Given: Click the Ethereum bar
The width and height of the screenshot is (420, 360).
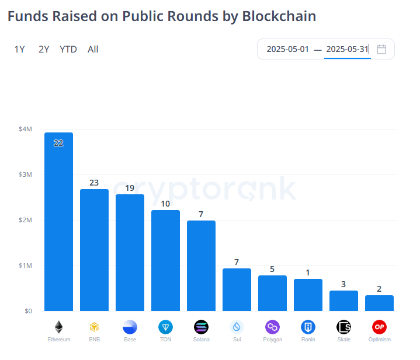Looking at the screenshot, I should (x=58, y=222).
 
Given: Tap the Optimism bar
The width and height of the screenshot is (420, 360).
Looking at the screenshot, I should (x=379, y=303).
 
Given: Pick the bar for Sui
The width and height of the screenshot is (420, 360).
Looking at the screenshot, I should (x=237, y=289).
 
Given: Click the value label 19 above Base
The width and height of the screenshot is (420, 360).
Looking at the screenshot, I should (x=130, y=188).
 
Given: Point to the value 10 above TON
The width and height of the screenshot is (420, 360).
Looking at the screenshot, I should (x=165, y=204).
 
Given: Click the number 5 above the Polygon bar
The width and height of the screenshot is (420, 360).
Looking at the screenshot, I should (x=272, y=269).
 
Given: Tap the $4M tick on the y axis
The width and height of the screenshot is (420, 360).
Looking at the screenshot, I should (x=25, y=129).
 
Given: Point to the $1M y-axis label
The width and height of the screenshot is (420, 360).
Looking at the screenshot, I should (x=25, y=265).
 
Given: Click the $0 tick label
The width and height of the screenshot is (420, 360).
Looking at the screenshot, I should (x=28, y=311).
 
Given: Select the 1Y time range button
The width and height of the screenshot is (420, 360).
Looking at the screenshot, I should (x=20, y=50).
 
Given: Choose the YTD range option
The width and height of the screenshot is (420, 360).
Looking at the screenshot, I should (x=68, y=50).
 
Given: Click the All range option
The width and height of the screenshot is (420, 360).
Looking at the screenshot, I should (x=93, y=50).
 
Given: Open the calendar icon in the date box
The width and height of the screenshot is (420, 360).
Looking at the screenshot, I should (x=381, y=49).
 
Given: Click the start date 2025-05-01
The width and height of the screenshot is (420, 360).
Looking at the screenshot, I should (x=287, y=49).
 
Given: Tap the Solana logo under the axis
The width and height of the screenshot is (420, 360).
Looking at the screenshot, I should (x=201, y=327).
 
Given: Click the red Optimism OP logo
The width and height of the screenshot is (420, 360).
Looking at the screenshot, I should (x=379, y=327).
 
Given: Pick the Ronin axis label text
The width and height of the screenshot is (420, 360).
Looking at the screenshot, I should (x=308, y=340).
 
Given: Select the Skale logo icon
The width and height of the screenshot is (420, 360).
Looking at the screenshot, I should (x=343, y=327).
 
